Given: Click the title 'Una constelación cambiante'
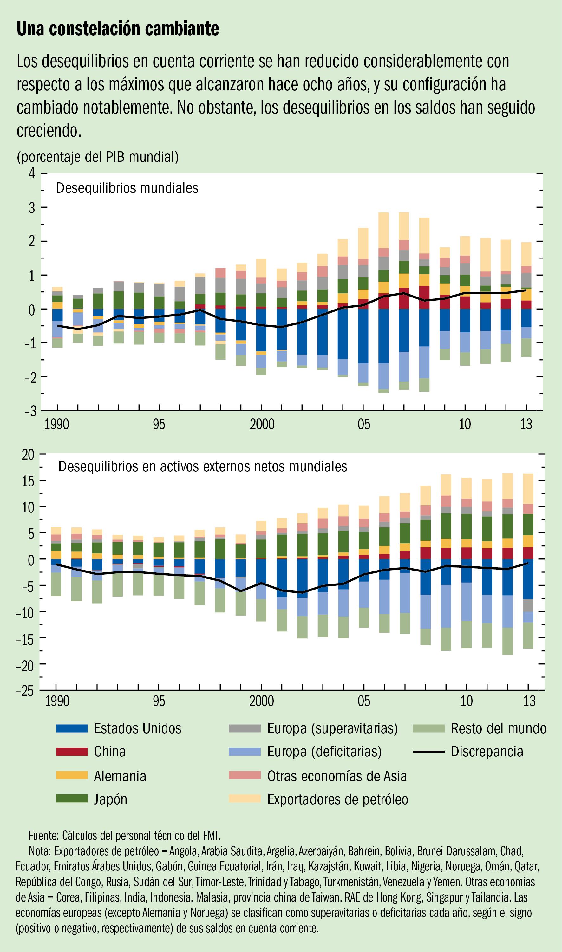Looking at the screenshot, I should tap(118, 29).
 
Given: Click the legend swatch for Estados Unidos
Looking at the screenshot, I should tap(72, 728).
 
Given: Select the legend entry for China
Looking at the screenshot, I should tap(109, 751).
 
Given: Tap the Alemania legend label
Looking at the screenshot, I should tap(120, 776).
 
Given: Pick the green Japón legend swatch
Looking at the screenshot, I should tap(72, 799).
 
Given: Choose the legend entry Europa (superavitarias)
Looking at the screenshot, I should tap(332, 728).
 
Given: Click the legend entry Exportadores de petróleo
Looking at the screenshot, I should tap(337, 799).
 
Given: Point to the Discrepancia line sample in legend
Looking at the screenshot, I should tap(428, 751).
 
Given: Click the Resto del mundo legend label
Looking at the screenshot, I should tap(498, 728).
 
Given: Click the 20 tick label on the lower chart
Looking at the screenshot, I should tap(28, 454).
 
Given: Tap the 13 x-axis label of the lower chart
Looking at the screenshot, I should tap(529, 701).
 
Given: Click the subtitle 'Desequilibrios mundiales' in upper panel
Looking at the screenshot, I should tap(127, 188).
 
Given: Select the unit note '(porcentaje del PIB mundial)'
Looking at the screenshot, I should tap(98, 157).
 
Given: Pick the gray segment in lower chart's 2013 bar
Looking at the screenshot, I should tap(528, 605).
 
